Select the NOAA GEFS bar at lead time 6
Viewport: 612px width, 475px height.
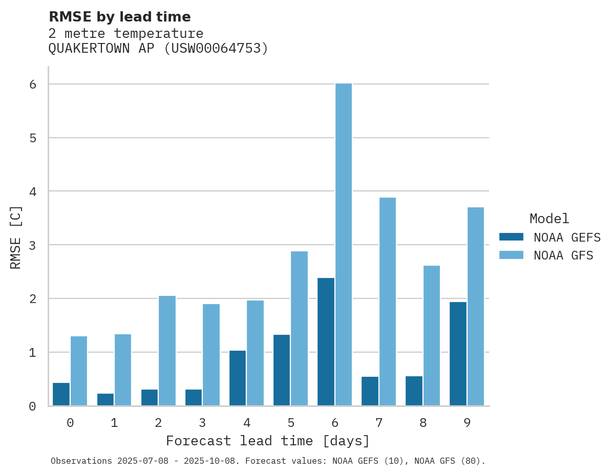(x=326, y=341)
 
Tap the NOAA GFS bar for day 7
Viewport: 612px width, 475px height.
(x=388, y=301)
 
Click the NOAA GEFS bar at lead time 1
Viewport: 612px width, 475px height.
(x=105, y=399)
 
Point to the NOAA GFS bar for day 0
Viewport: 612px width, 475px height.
(x=79, y=371)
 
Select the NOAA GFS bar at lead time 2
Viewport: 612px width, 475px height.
(x=167, y=351)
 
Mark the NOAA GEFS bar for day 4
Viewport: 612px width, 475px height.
(x=238, y=378)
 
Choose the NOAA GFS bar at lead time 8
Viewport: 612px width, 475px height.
(x=432, y=335)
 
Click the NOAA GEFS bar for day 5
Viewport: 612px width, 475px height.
(x=282, y=370)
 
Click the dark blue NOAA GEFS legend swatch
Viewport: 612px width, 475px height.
(x=511, y=237)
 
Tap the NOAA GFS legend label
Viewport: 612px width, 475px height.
(x=563, y=255)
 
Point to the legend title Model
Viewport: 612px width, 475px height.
(x=549, y=219)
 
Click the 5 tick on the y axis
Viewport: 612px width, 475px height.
(x=33, y=138)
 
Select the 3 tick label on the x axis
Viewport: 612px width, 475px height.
(x=202, y=423)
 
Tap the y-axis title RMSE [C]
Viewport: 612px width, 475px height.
(x=16, y=237)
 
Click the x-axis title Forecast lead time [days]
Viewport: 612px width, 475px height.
(x=268, y=441)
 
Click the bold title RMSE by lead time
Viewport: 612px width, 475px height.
(x=120, y=17)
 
